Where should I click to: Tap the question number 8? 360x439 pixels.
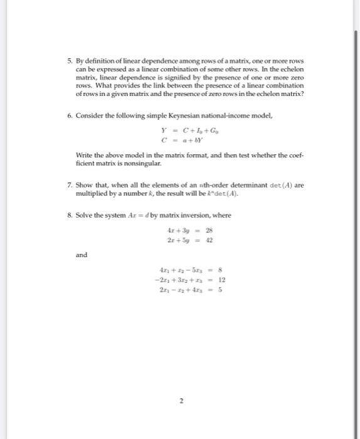(70, 215)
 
